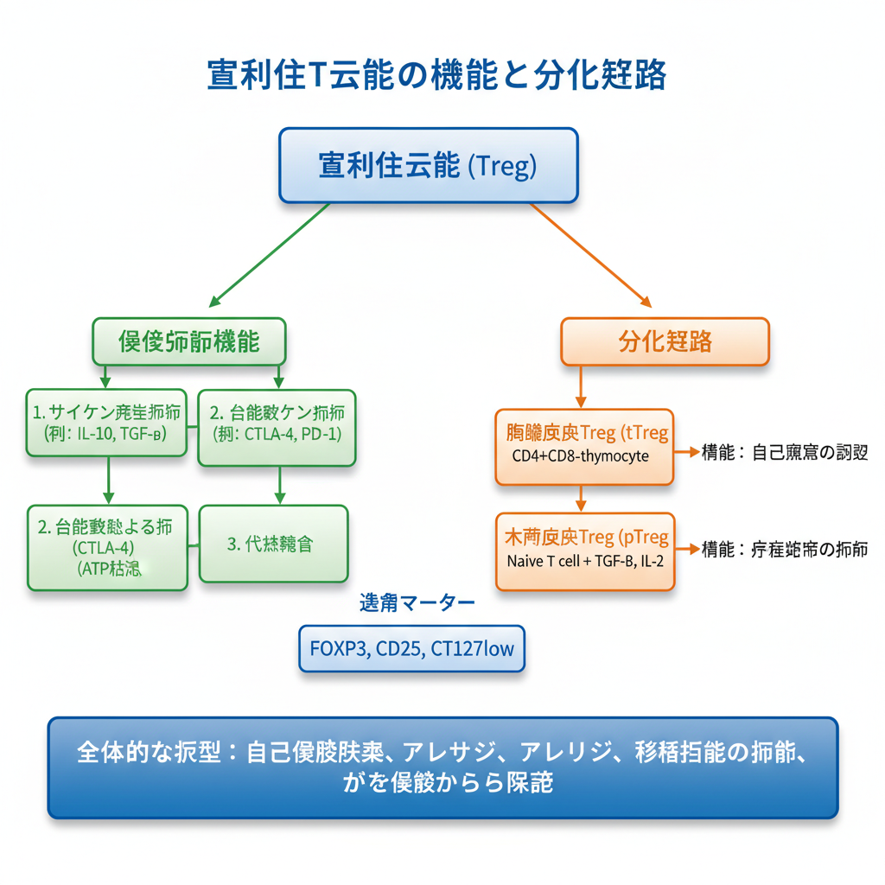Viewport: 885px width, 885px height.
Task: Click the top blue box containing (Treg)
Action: click(428, 165)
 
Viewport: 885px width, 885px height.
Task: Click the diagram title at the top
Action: click(436, 74)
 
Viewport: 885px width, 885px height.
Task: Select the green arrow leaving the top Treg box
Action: click(269, 255)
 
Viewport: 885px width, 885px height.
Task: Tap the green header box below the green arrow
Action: click(189, 341)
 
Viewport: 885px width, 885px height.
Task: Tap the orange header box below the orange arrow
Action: click(665, 341)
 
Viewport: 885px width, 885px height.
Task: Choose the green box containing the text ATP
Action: click(108, 547)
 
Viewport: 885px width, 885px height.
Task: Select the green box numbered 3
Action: click(273, 544)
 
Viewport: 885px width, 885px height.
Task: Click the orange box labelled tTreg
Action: click(584, 446)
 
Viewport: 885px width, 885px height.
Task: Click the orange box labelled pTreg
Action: click(584, 551)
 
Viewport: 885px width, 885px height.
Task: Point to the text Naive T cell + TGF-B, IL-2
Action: click(585, 562)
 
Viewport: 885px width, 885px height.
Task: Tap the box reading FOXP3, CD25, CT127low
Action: click(411, 647)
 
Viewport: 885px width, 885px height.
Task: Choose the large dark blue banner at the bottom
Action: click(442, 767)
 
